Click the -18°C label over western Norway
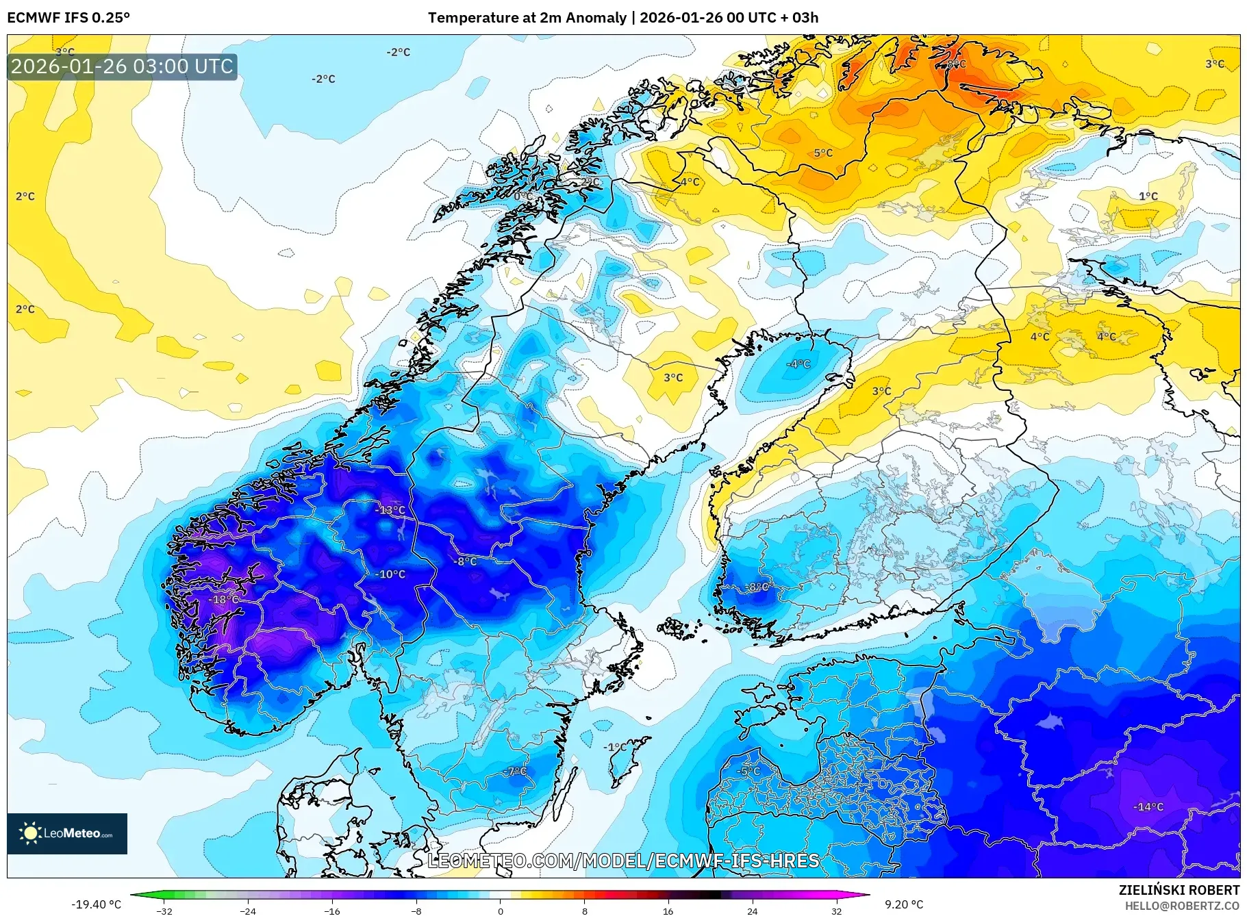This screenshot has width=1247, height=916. point(224,600)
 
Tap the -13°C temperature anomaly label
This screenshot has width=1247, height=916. point(390,510)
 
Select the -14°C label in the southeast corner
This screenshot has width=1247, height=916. point(1148,807)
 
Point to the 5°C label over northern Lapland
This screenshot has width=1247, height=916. point(823,153)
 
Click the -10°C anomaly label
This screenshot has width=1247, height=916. point(390,574)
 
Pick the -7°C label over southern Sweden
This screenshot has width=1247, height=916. point(516,772)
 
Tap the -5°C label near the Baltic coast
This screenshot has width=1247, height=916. point(748,772)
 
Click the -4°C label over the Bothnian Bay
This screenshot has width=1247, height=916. point(798,364)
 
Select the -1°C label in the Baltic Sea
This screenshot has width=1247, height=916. point(614,747)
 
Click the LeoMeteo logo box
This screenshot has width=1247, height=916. point(67,833)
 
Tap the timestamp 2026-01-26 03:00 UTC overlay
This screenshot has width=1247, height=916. point(122,66)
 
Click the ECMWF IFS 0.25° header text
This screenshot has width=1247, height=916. point(68,18)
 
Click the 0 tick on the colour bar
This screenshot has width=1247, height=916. point(500,911)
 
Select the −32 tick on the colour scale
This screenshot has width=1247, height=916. point(164,911)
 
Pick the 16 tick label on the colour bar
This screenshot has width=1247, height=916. point(668,911)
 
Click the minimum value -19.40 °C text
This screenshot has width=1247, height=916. point(96,904)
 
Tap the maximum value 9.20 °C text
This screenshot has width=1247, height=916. point(903,904)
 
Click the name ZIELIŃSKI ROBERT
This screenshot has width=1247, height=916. point(1179,890)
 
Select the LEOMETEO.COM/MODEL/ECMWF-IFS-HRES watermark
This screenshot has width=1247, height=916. point(623,861)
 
